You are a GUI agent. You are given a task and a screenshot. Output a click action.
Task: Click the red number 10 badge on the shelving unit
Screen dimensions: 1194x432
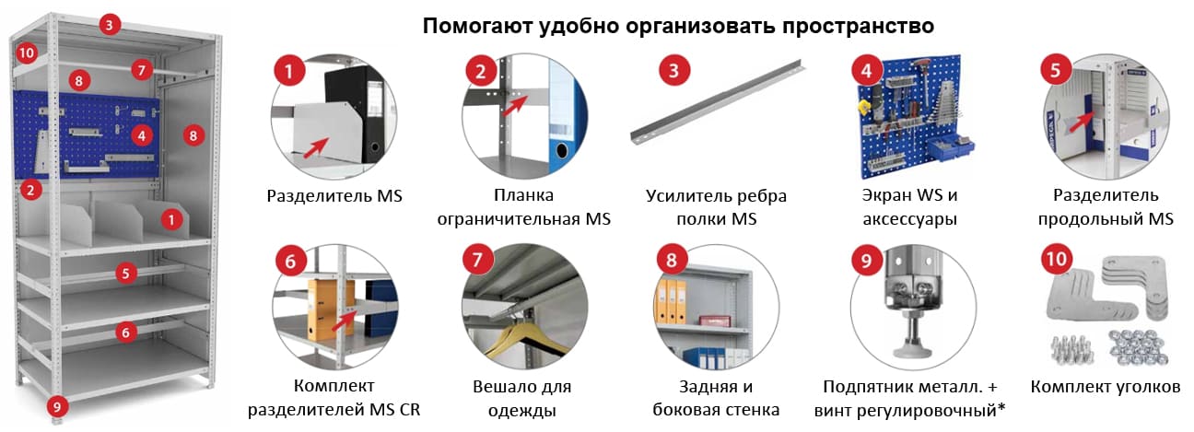coord(26,53)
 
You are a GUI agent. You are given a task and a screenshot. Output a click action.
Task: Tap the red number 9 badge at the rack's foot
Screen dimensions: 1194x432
coord(57,407)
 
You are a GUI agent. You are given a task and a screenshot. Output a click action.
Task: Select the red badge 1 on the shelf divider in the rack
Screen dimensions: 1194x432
coord(171,219)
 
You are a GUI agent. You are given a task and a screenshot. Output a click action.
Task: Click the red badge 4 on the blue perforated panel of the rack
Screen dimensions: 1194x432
coord(141,135)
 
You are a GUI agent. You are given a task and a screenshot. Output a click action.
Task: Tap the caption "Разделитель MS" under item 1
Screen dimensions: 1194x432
coord(334,196)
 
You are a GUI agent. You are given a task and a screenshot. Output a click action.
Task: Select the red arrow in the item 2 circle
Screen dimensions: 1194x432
coord(515,106)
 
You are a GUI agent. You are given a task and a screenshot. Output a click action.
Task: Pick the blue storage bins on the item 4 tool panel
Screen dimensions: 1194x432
coord(952,147)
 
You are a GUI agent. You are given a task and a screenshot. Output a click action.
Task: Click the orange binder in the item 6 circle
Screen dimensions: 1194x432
coord(327,309)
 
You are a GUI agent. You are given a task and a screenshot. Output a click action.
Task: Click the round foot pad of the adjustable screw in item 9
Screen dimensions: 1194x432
coord(913,351)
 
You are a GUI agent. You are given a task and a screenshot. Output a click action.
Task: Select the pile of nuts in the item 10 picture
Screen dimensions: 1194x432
coord(1139,347)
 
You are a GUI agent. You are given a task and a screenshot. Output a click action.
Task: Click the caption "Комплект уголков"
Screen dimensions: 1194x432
coord(1105,387)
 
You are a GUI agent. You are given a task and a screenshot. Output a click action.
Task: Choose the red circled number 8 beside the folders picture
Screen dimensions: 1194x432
coord(671,260)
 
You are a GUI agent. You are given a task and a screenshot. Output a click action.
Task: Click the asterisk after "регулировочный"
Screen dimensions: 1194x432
coord(1001,407)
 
